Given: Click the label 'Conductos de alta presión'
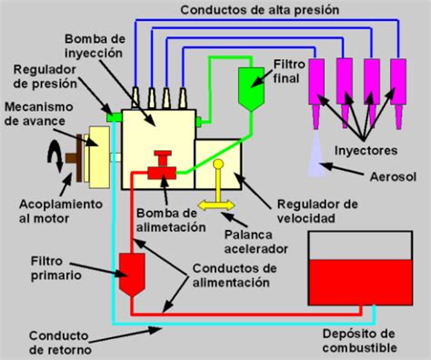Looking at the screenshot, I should click(259, 11).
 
